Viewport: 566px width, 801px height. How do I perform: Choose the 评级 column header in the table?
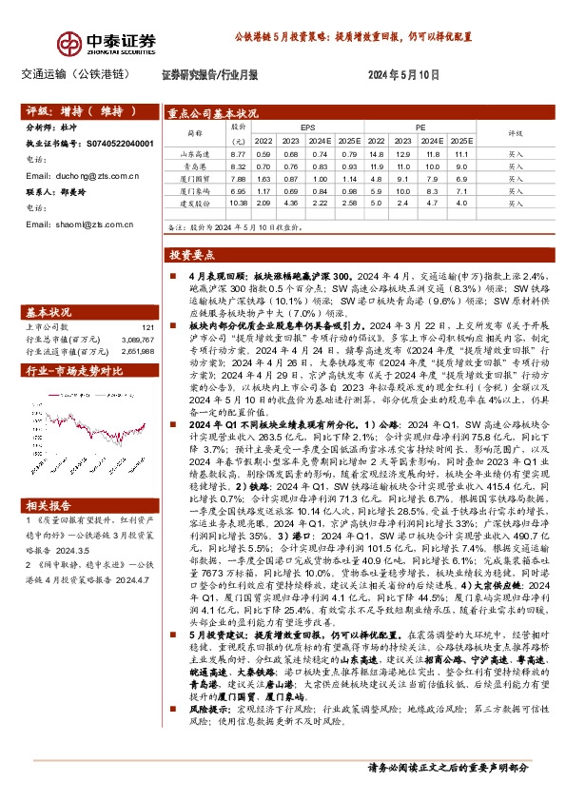(516, 133)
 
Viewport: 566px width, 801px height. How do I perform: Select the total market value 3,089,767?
(132, 339)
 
